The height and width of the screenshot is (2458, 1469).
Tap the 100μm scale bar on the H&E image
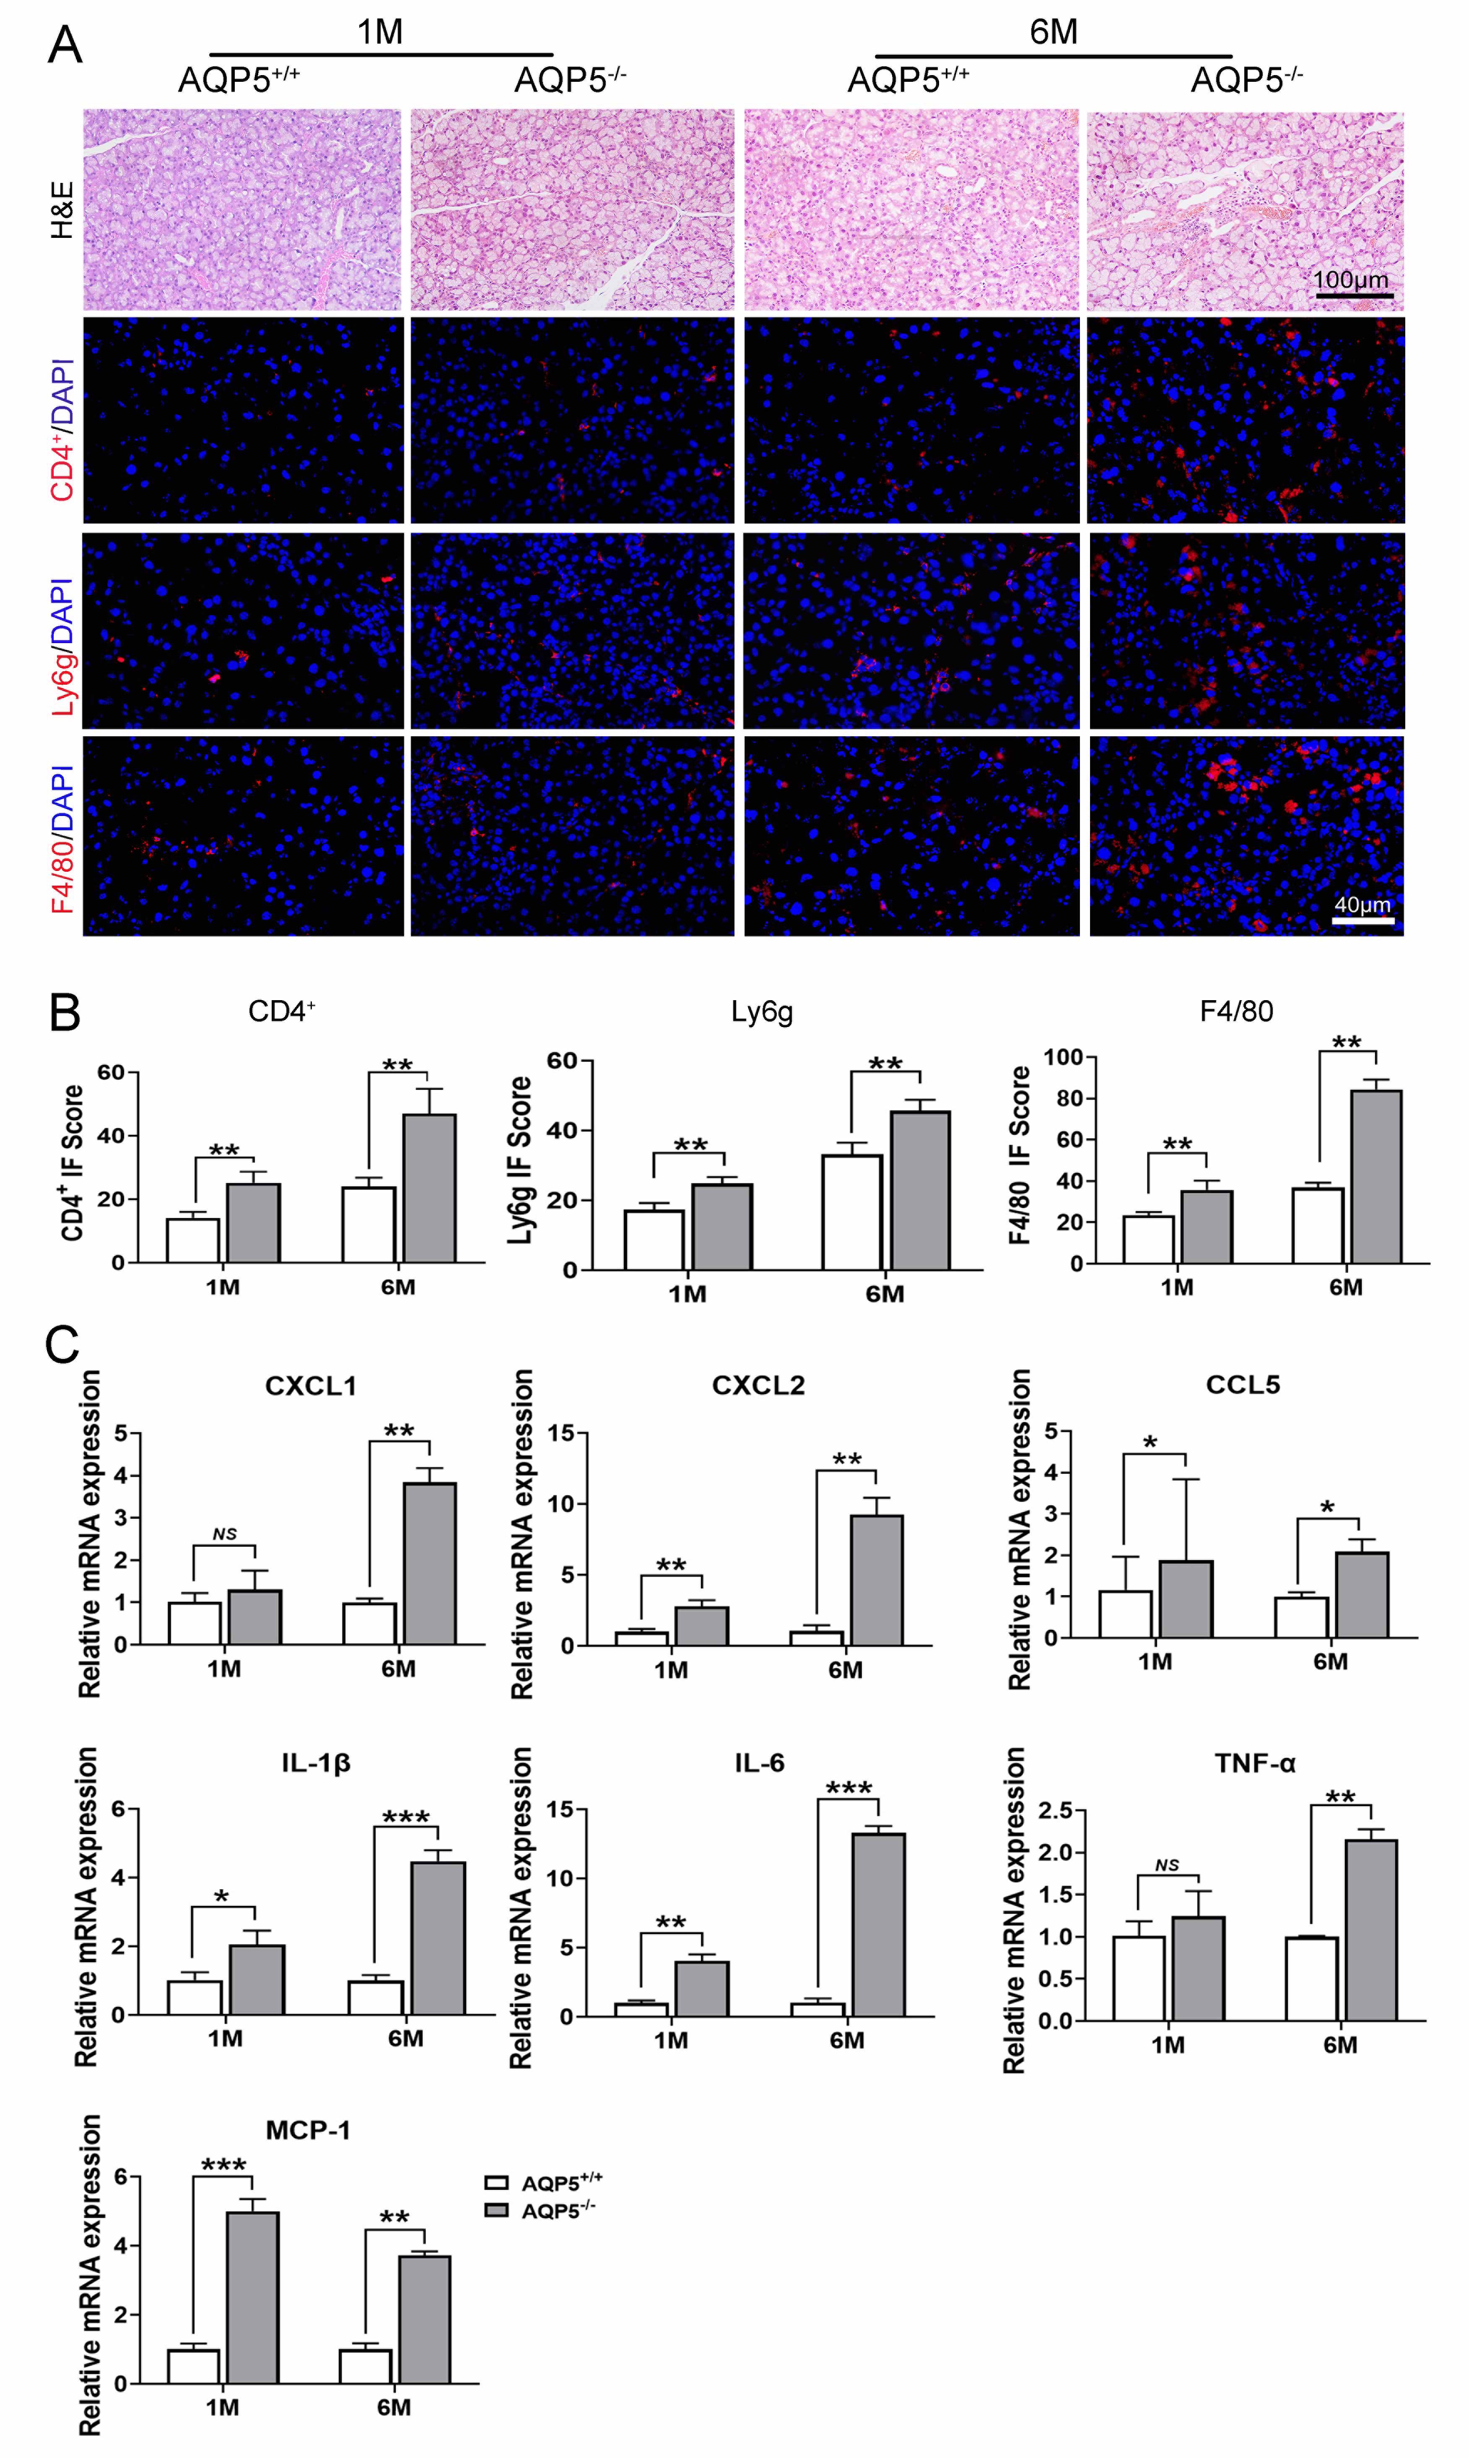pos(1353,295)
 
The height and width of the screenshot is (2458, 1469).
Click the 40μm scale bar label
pos(1362,904)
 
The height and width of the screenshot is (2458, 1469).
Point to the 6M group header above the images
pos(1053,32)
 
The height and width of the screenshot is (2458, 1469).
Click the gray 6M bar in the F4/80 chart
pos(1376,1176)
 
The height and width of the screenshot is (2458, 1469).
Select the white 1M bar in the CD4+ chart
pos(193,1240)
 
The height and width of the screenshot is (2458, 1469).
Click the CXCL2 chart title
pos(758,1384)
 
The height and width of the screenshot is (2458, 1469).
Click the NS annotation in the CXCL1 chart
pos(225,1534)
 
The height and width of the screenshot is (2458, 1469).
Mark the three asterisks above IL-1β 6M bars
pos(406,1817)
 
